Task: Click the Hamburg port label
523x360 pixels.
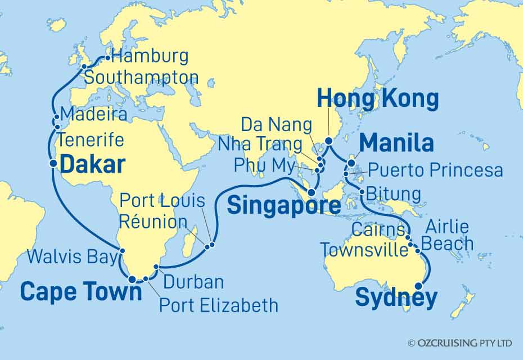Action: click(150, 57)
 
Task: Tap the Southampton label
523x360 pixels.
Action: click(141, 78)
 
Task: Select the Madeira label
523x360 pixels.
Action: click(93, 115)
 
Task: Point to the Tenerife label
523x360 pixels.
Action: click(92, 140)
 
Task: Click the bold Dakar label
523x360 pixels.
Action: click(92, 164)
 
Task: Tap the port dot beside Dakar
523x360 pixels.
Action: click(53, 164)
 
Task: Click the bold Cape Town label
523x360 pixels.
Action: click(81, 291)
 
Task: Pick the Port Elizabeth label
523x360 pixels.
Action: click(219, 305)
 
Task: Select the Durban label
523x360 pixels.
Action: click(193, 282)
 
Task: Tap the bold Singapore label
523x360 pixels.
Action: click(283, 206)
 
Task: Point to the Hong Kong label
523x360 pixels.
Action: click(377, 99)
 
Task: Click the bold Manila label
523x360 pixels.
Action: click(396, 143)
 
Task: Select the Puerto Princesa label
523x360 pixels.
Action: click(434, 170)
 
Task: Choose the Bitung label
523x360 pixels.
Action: click(393, 194)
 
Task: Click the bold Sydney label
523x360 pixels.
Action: click(396, 298)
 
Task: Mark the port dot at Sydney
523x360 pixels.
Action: click(418, 287)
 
